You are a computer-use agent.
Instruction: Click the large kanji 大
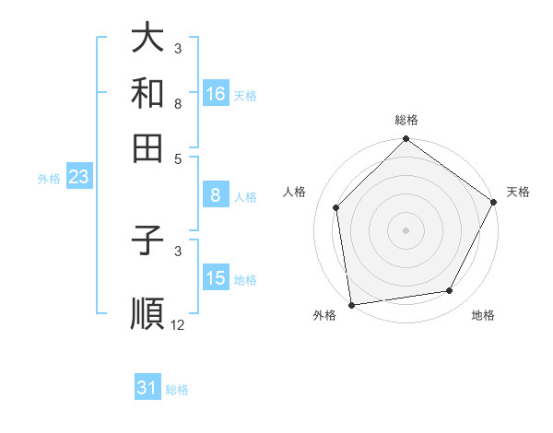click(148, 39)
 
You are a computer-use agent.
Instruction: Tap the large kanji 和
click(148, 93)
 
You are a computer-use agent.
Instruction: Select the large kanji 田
click(148, 147)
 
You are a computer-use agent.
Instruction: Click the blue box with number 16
click(216, 94)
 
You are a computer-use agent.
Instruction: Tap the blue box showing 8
click(216, 195)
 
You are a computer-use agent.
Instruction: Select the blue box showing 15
click(216, 278)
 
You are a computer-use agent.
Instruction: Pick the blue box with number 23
click(78, 178)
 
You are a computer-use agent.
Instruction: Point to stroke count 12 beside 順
click(178, 324)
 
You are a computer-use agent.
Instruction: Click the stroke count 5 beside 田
click(178, 158)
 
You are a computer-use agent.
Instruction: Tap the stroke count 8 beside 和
click(178, 103)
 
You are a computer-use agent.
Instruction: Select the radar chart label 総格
click(406, 120)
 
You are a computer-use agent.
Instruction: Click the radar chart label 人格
click(295, 192)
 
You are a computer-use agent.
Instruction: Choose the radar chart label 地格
click(483, 316)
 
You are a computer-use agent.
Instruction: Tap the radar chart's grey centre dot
click(406, 229)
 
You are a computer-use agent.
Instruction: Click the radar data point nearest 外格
click(351, 304)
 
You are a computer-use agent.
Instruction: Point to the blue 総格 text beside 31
click(177, 390)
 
